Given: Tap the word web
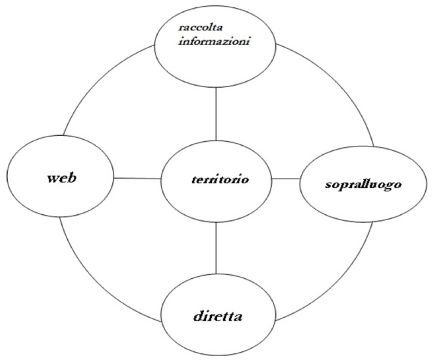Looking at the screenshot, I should (62, 177).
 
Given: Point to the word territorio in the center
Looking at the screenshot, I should (220, 179).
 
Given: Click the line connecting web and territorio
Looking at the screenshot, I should (137, 178).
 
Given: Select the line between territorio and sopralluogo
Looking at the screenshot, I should (285, 179).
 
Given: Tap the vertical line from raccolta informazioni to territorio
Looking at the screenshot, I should (216, 113).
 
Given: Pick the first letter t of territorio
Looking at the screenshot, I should (195, 179).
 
